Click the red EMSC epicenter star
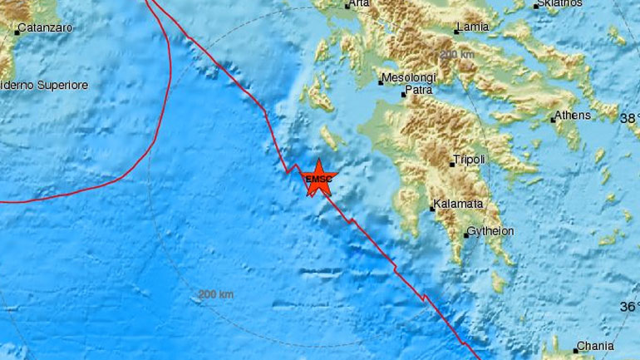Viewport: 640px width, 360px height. (x=318, y=178)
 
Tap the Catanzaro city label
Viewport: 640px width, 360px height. (x=46, y=28)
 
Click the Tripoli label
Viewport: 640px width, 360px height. (x=470, y=159)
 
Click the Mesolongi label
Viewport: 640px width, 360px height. (x=404, y=80)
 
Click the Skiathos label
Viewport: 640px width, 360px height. (x=559, y=3)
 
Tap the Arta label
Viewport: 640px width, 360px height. (x=359, y=4)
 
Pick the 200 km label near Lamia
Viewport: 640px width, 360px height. (x=458, y=55)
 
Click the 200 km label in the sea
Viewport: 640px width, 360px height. (x=216, y=294)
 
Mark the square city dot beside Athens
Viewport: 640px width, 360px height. (x=553, y=120)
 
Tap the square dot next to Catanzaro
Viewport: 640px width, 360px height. (x=17, y=32)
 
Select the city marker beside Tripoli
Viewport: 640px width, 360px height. (x=452, y=164)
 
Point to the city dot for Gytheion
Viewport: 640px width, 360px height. (x=466, y=235)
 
